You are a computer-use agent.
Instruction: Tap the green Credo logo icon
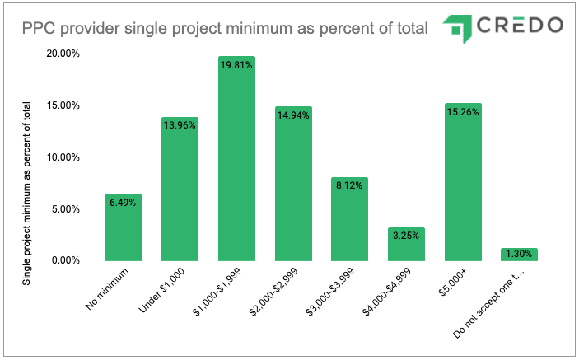(453, 28)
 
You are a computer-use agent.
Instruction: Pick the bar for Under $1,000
(180, 189)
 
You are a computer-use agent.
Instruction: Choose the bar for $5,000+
(462, 182)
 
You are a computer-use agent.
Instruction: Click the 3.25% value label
(405, 236)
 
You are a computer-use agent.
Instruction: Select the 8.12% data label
(349, 186)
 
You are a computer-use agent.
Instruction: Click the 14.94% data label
(293, 116)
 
